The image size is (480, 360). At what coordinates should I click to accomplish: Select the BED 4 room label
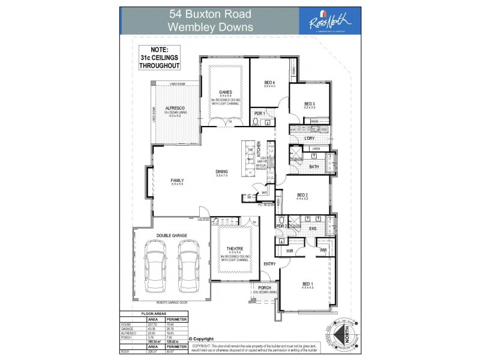click(x=269, y=82)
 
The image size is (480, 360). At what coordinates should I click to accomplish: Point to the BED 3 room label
click(x=310, y=103)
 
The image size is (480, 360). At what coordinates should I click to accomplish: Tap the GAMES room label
click(x=225, y=92)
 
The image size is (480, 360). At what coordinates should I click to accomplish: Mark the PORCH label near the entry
click(x=264, y=287)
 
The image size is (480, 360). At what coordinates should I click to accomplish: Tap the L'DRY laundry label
click(x=310, y=139)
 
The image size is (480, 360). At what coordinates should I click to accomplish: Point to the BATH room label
click(x=314, y=167)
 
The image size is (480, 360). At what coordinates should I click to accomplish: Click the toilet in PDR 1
click(x=257, y=123)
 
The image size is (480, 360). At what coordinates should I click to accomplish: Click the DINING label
click(x=222, y=172)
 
